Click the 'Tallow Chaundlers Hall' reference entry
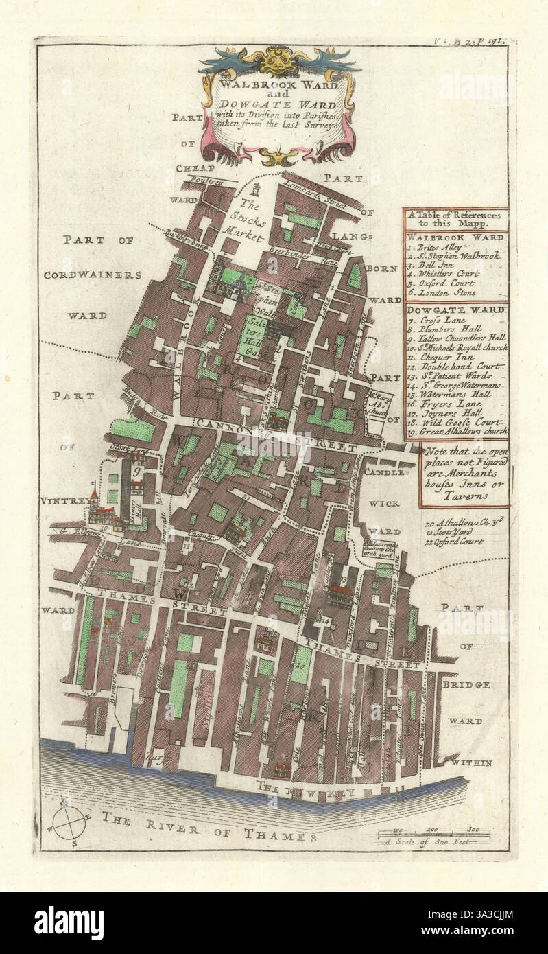457,338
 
